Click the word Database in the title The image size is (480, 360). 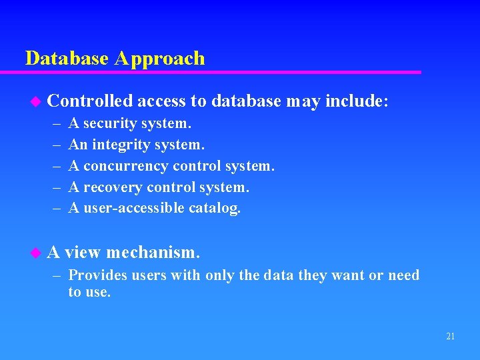[x=67, y=59]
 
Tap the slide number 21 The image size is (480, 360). [x=450, y=337]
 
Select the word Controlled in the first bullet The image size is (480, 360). [x=90, y=101]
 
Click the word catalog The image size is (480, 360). [x=215, y=209]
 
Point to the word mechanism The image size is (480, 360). [x=153, y=253]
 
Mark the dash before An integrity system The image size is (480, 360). [x=54, y=145]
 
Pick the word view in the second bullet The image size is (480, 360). [x=83, y=253]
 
